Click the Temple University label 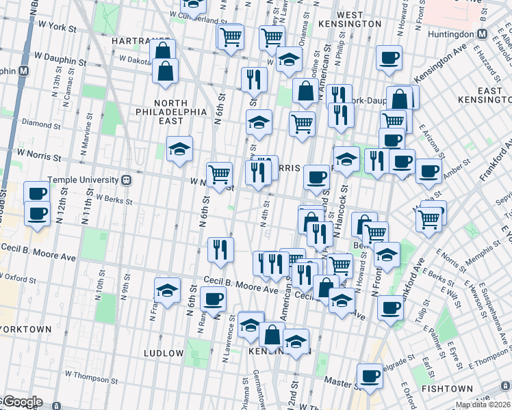79,180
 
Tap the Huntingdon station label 450,33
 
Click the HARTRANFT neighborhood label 141,41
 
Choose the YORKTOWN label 26,329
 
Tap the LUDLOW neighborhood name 164,353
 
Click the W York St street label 56,26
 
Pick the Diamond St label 37,124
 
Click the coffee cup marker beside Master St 370,375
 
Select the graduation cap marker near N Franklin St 167,290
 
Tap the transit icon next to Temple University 126,180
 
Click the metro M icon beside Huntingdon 482,33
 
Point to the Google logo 22,402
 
